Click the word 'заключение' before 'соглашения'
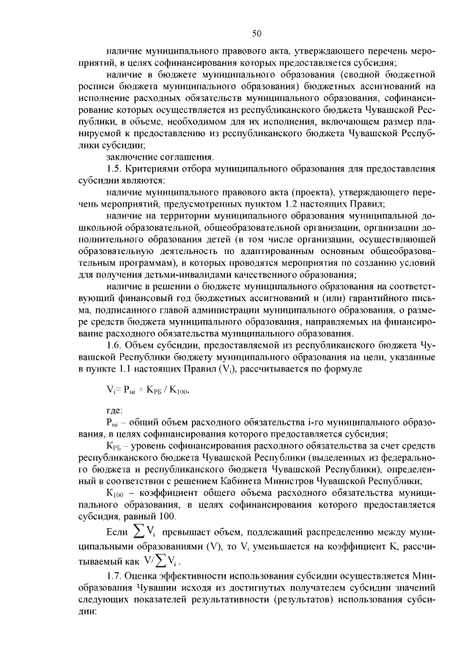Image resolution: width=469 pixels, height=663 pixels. click(x=130, y=157)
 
